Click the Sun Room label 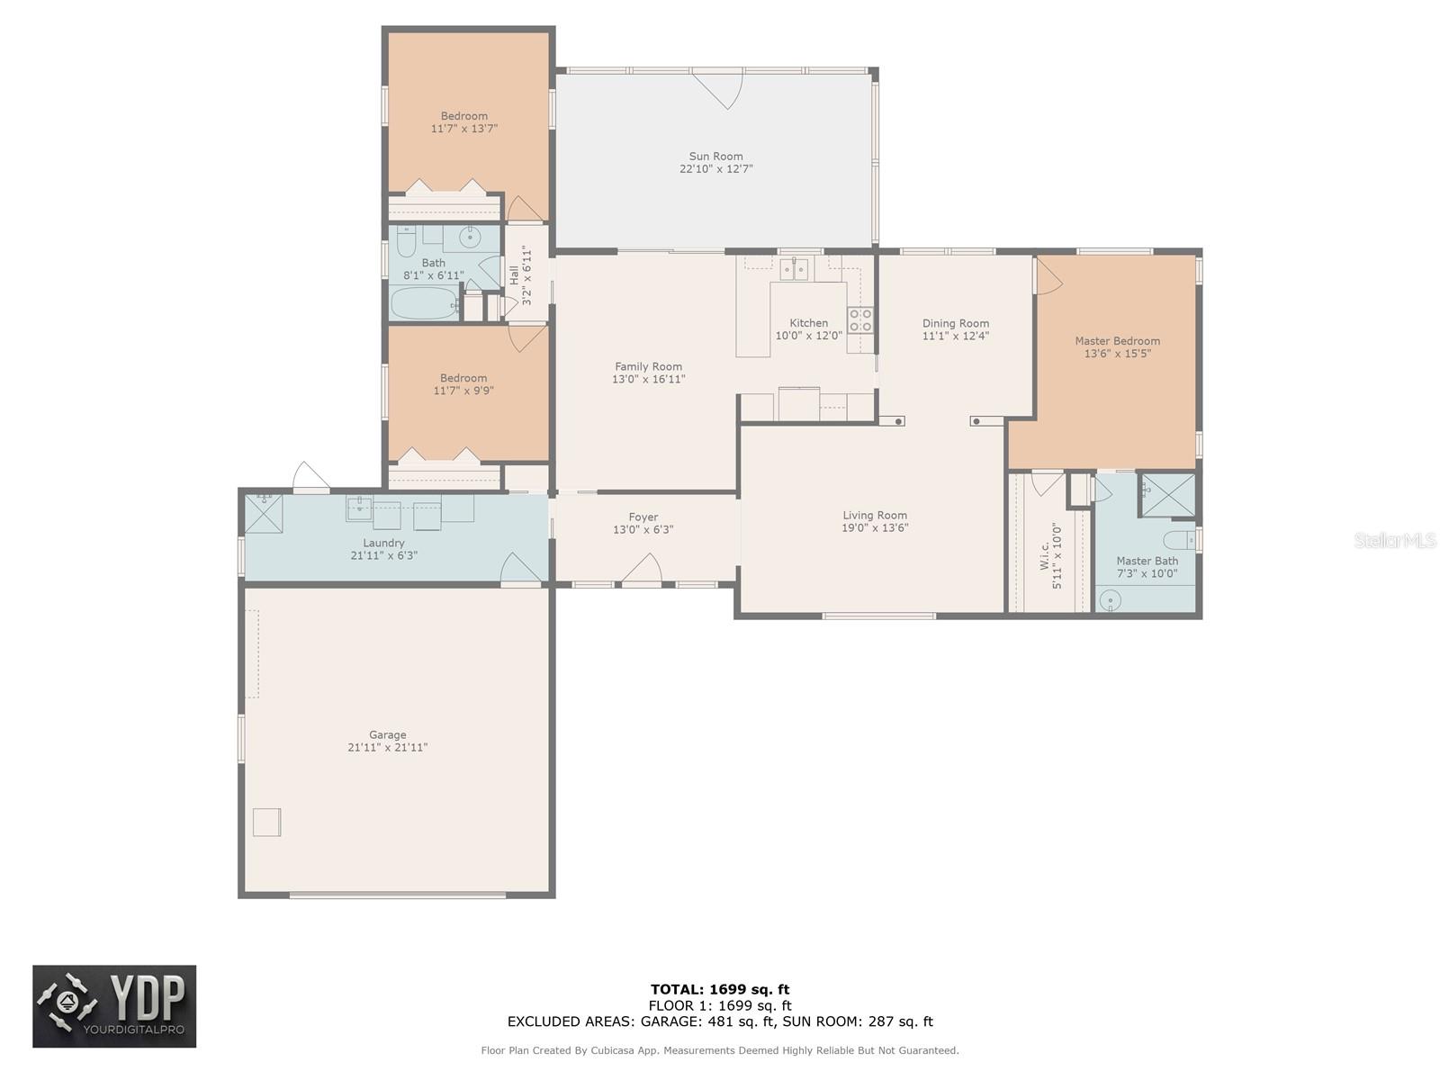pyautogui.click(x=715, y=156)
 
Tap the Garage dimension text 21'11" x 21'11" pyautogui.click(x=387, y=747)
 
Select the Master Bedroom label pyautogui.click(x=1117, y=341)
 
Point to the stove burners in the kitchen pyautogui.click(x=860, y=320)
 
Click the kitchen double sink pyautogui.click(x=793, y=269)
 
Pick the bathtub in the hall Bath pyautogui.click(x=424, y=303)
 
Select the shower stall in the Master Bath pyautogui.click(x=1167, y=495)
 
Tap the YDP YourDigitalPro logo pyautogui.click(x=114, y=1006)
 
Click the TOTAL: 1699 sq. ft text pyautogui.click(x=720, y=989)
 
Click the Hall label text pyautogui.click(x=514, y=274)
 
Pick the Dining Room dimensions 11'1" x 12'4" pyautogui.click(x=955, y=336)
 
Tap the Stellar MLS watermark pyautogui.click(x=1395, y=540)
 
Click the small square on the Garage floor pyautogui.click(x=267, y=823)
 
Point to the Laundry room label pyautogui.click(x=383, y=543)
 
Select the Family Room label pyautogui.click(x=648, y=366)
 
